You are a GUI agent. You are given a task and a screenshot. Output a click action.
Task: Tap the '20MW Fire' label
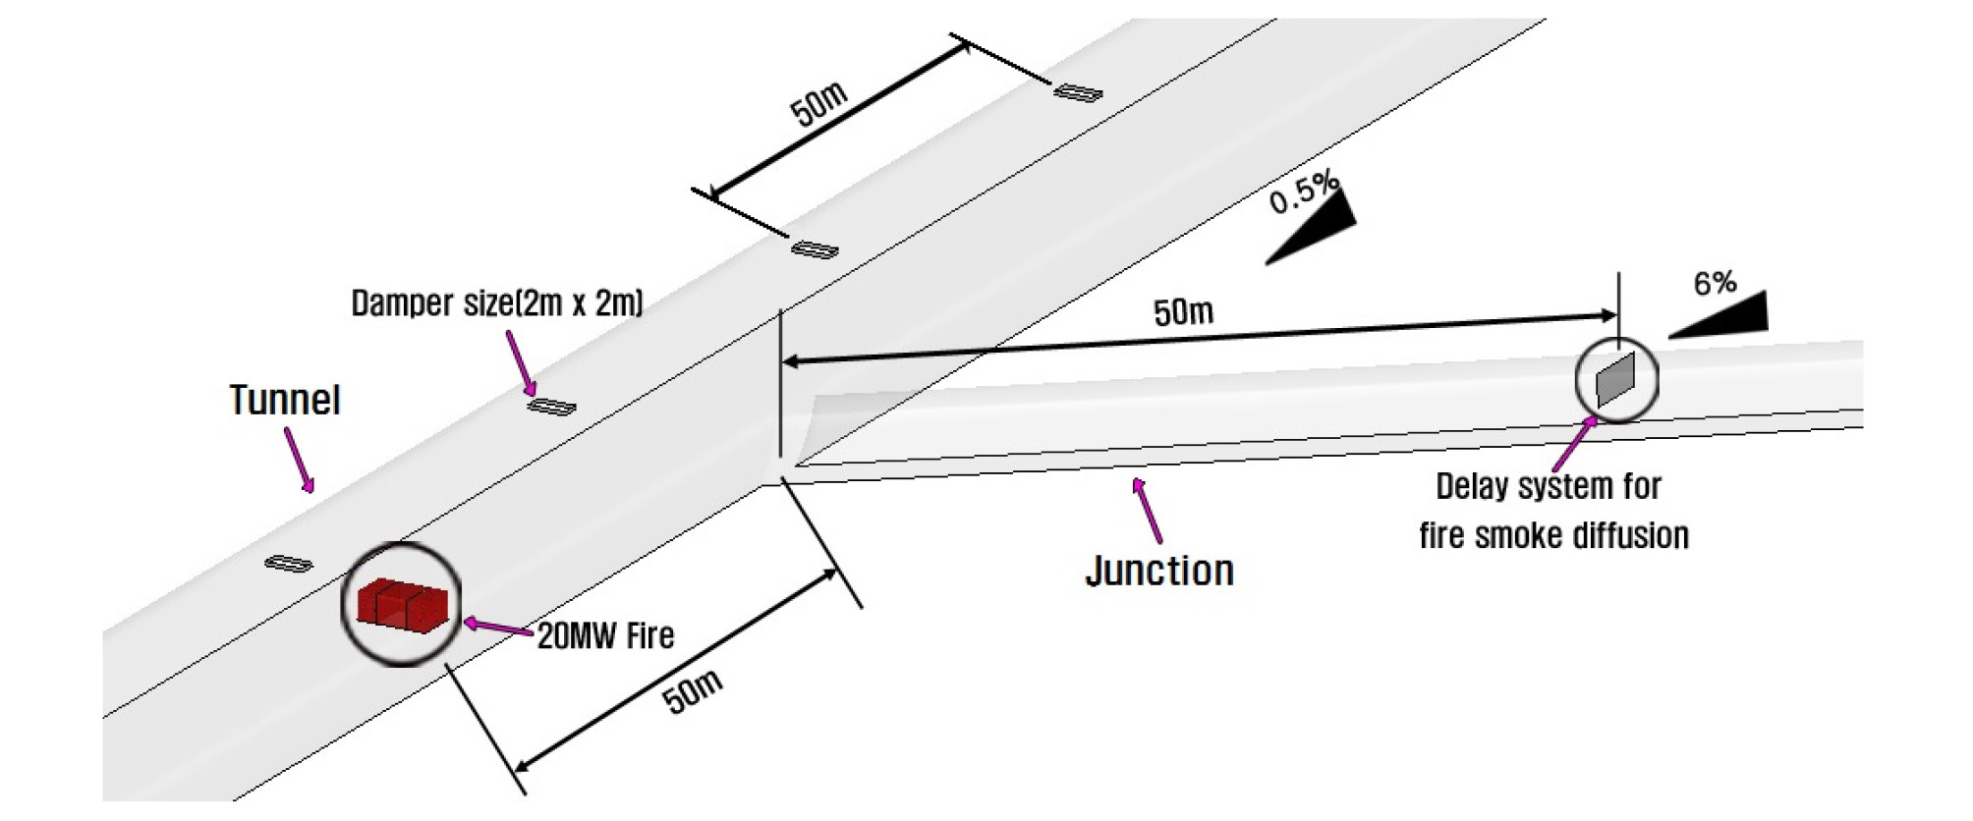(x=605, y=636)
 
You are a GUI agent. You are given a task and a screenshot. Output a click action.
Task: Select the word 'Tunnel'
(x=285, y=400)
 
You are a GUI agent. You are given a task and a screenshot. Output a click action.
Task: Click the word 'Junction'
(x=1159, y=571)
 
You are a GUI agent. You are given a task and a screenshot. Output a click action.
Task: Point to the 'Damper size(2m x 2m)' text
(x=497, y=302)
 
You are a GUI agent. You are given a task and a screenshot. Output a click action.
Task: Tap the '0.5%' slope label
(x=1304, y=192)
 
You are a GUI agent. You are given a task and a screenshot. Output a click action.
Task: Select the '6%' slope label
(x=1715, y=283)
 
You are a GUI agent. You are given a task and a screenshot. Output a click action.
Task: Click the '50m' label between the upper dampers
(x=818, y=104)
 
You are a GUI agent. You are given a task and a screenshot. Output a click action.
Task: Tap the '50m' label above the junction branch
(x=1183, y=312)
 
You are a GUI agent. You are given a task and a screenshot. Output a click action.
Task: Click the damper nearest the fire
(x=289, y=564)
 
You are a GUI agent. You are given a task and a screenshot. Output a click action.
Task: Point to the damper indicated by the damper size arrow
(x=552, y=406)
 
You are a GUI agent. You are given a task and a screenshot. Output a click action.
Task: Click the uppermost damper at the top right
(x=1078, y=92)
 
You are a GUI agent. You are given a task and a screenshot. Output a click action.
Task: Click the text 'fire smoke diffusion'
(x=1553, y=535)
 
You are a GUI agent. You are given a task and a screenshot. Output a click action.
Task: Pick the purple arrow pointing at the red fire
(x=499, y=629)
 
